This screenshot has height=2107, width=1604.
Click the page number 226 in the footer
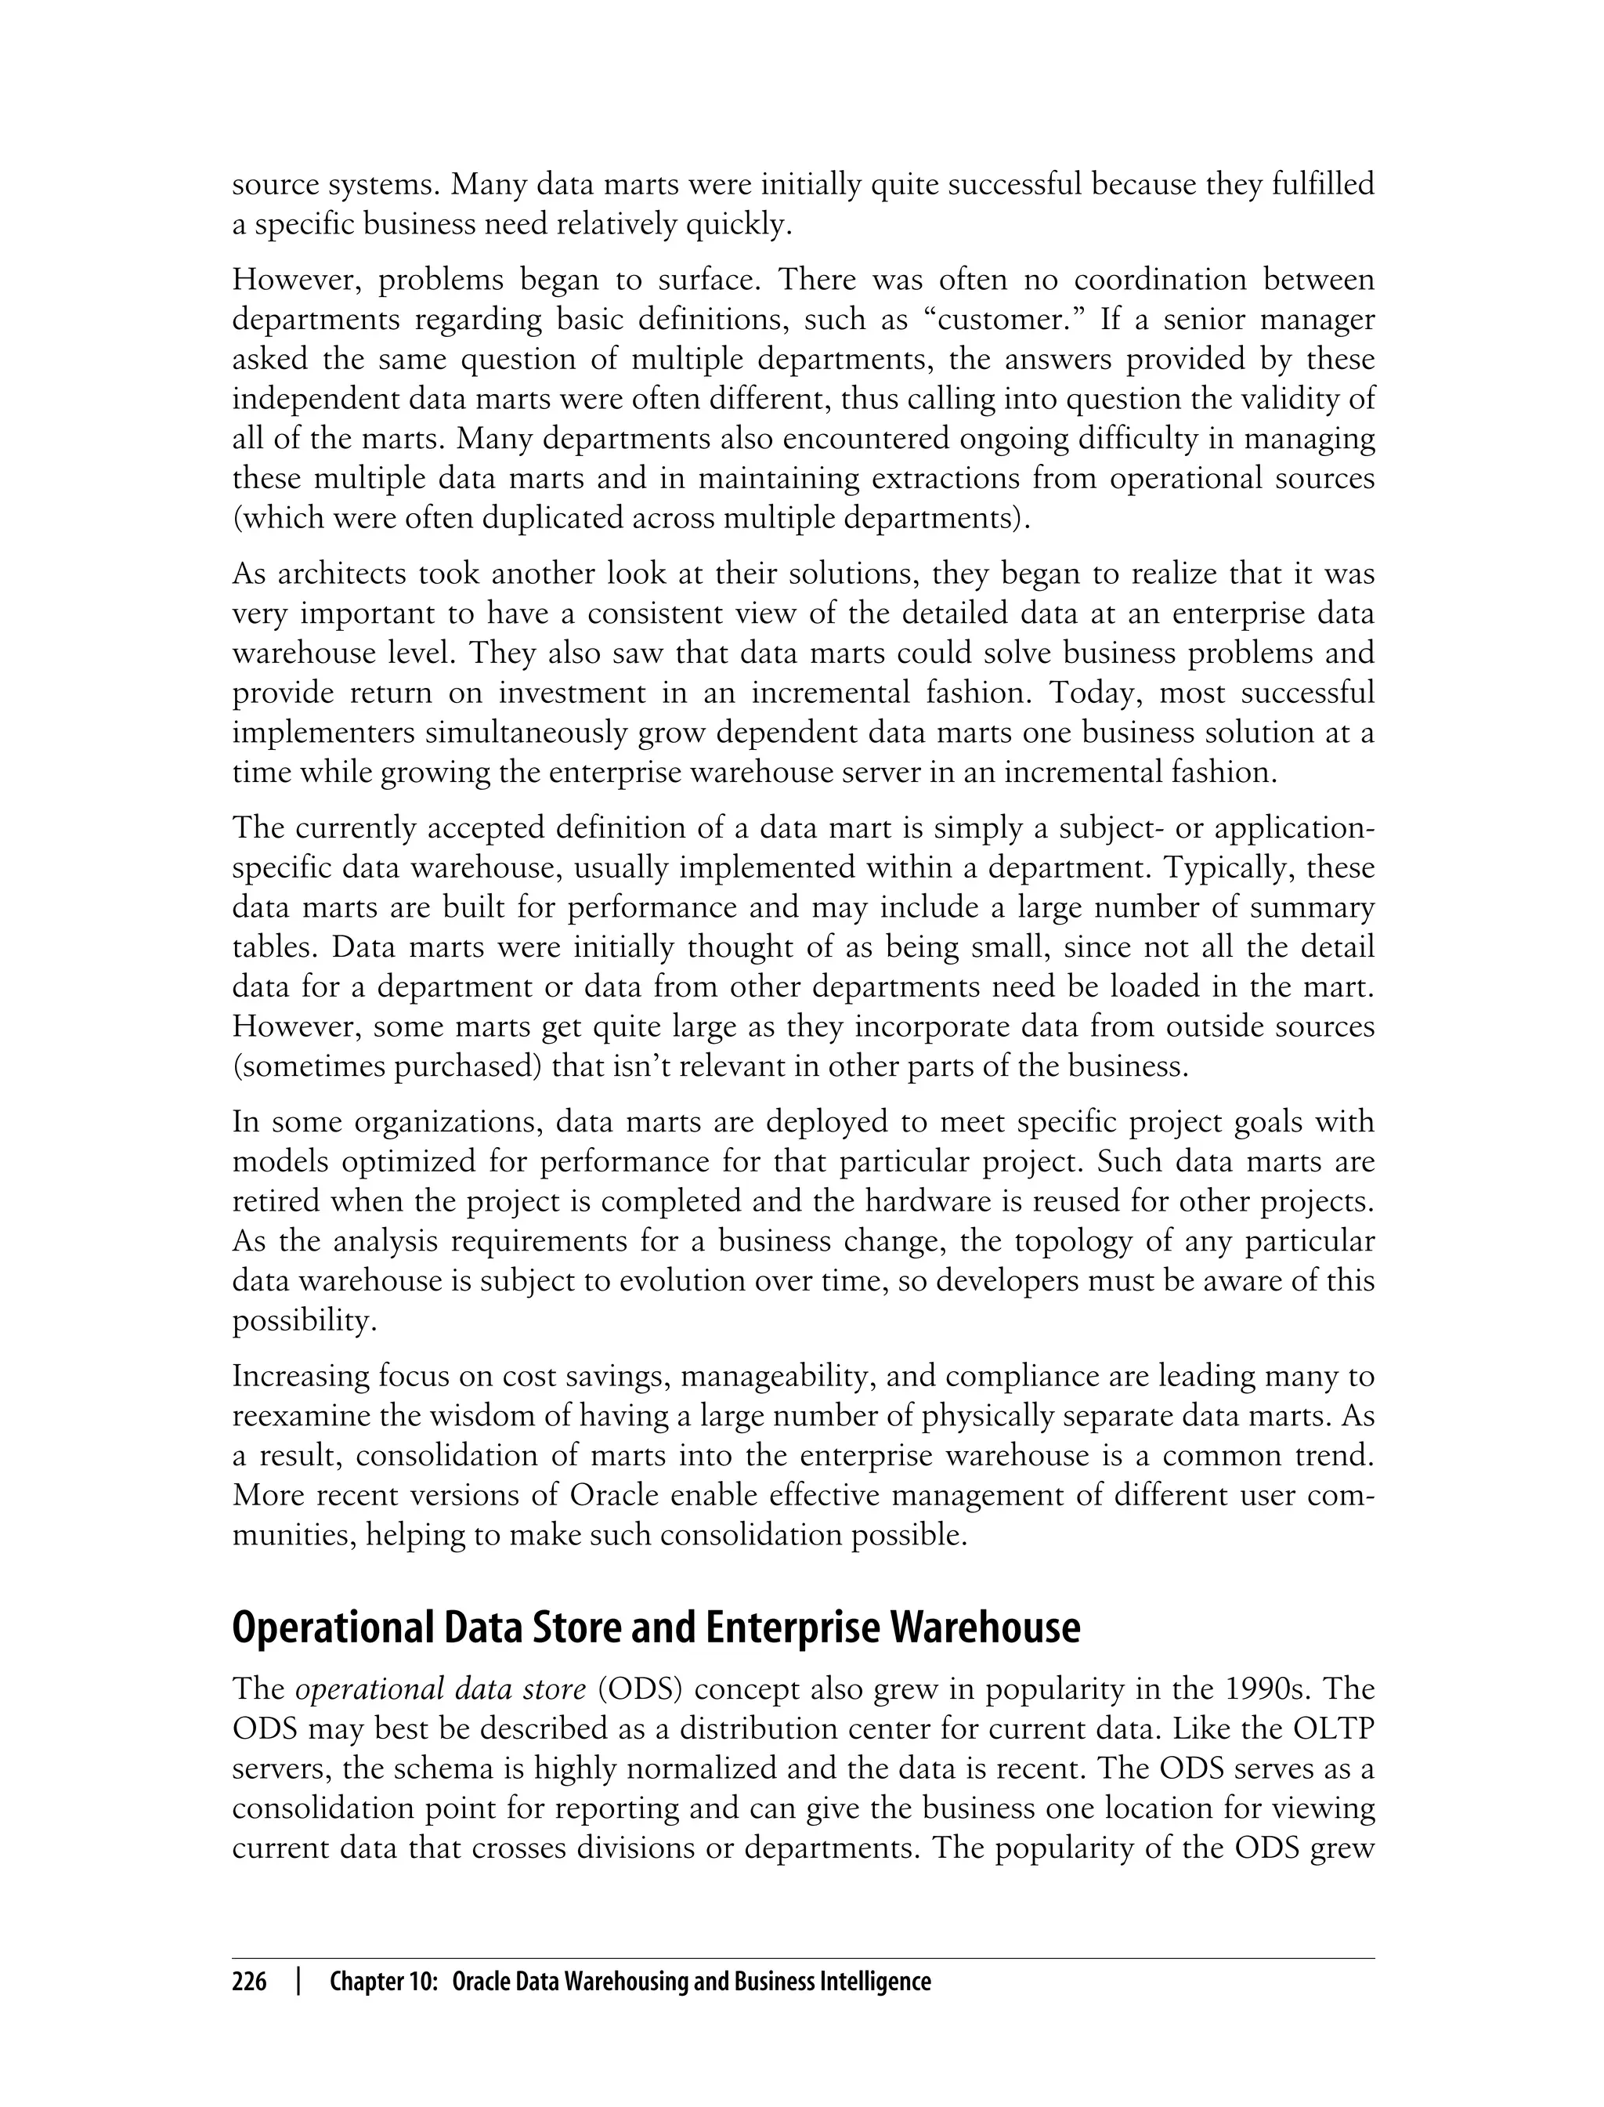pos(249,1982)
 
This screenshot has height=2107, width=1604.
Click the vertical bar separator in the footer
pos(299,1982)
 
